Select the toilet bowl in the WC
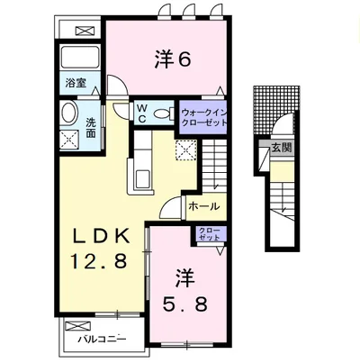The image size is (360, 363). pyautogui.click(x=162, y=113)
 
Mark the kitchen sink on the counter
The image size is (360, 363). pyautogui.click(x=142, y=177)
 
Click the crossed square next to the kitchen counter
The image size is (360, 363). pyautogui.click(x=186, y=150)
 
